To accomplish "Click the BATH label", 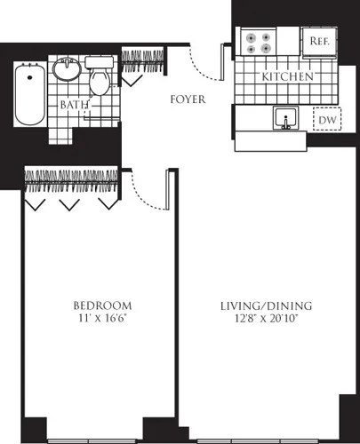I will pyautogui.click(x=73, y=105).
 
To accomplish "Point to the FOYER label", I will pyautogui.click(x=188, y=99).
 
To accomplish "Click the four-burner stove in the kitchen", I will pyautogui.click(x=258, y=44).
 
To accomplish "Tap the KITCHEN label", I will pyautogui.click(x=287, y=77).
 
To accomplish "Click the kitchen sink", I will pyautogui.click(x=286, y=118).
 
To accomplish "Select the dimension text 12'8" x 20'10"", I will pyautogui.click(x=266, y=320).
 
